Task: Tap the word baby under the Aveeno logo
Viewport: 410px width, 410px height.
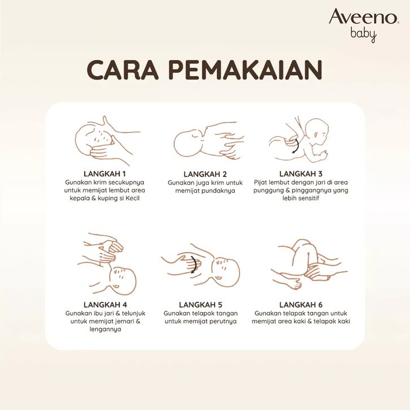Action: (x=364, y=35)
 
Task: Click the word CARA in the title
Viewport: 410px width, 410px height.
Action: (x=123, y=70)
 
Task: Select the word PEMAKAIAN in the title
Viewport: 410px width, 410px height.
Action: (x=246, y=70)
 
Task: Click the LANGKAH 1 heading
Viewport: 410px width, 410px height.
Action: (x=104, y=174)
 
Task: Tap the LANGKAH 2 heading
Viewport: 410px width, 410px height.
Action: (x=205, y=174)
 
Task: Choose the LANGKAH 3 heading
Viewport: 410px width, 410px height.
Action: (x=300, y=174)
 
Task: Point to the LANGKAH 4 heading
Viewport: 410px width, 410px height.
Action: (x=106, y=304)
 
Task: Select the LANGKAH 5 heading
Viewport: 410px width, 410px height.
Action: (x=200, y=304)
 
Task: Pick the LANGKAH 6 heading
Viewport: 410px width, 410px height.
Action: (x=300, y=304)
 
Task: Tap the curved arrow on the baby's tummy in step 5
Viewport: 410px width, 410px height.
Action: (x=195, y=264)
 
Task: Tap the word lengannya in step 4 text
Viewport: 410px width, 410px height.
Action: (x=106, y=329)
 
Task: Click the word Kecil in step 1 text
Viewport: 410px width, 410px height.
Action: (x=132, y=198)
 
